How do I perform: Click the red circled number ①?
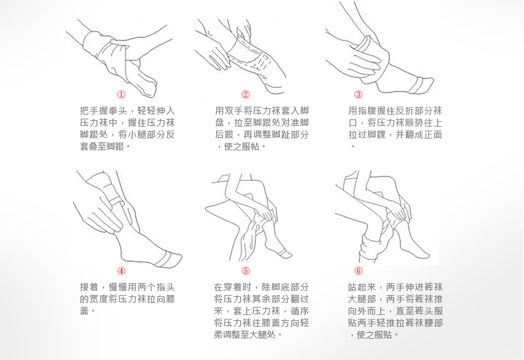pos(121,95)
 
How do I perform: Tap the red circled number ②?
pos(245,95)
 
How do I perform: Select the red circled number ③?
pos(358,95)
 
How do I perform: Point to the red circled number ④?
pos(121,271)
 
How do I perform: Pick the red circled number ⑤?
pos(245,271)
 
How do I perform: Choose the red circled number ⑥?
pos(358,271)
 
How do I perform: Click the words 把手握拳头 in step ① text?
pos(103,111)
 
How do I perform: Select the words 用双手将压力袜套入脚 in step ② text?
pos(261,111)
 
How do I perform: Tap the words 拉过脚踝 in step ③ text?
pos(367,135)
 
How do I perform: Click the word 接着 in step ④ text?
pos(90,287)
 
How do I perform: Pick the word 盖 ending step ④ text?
pos(84,311)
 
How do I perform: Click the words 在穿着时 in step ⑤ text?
pos(233,287)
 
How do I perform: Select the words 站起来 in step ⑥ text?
pos(362,287)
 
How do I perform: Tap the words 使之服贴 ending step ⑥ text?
pos(375,335)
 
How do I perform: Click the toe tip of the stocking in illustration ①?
pos(151,92)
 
